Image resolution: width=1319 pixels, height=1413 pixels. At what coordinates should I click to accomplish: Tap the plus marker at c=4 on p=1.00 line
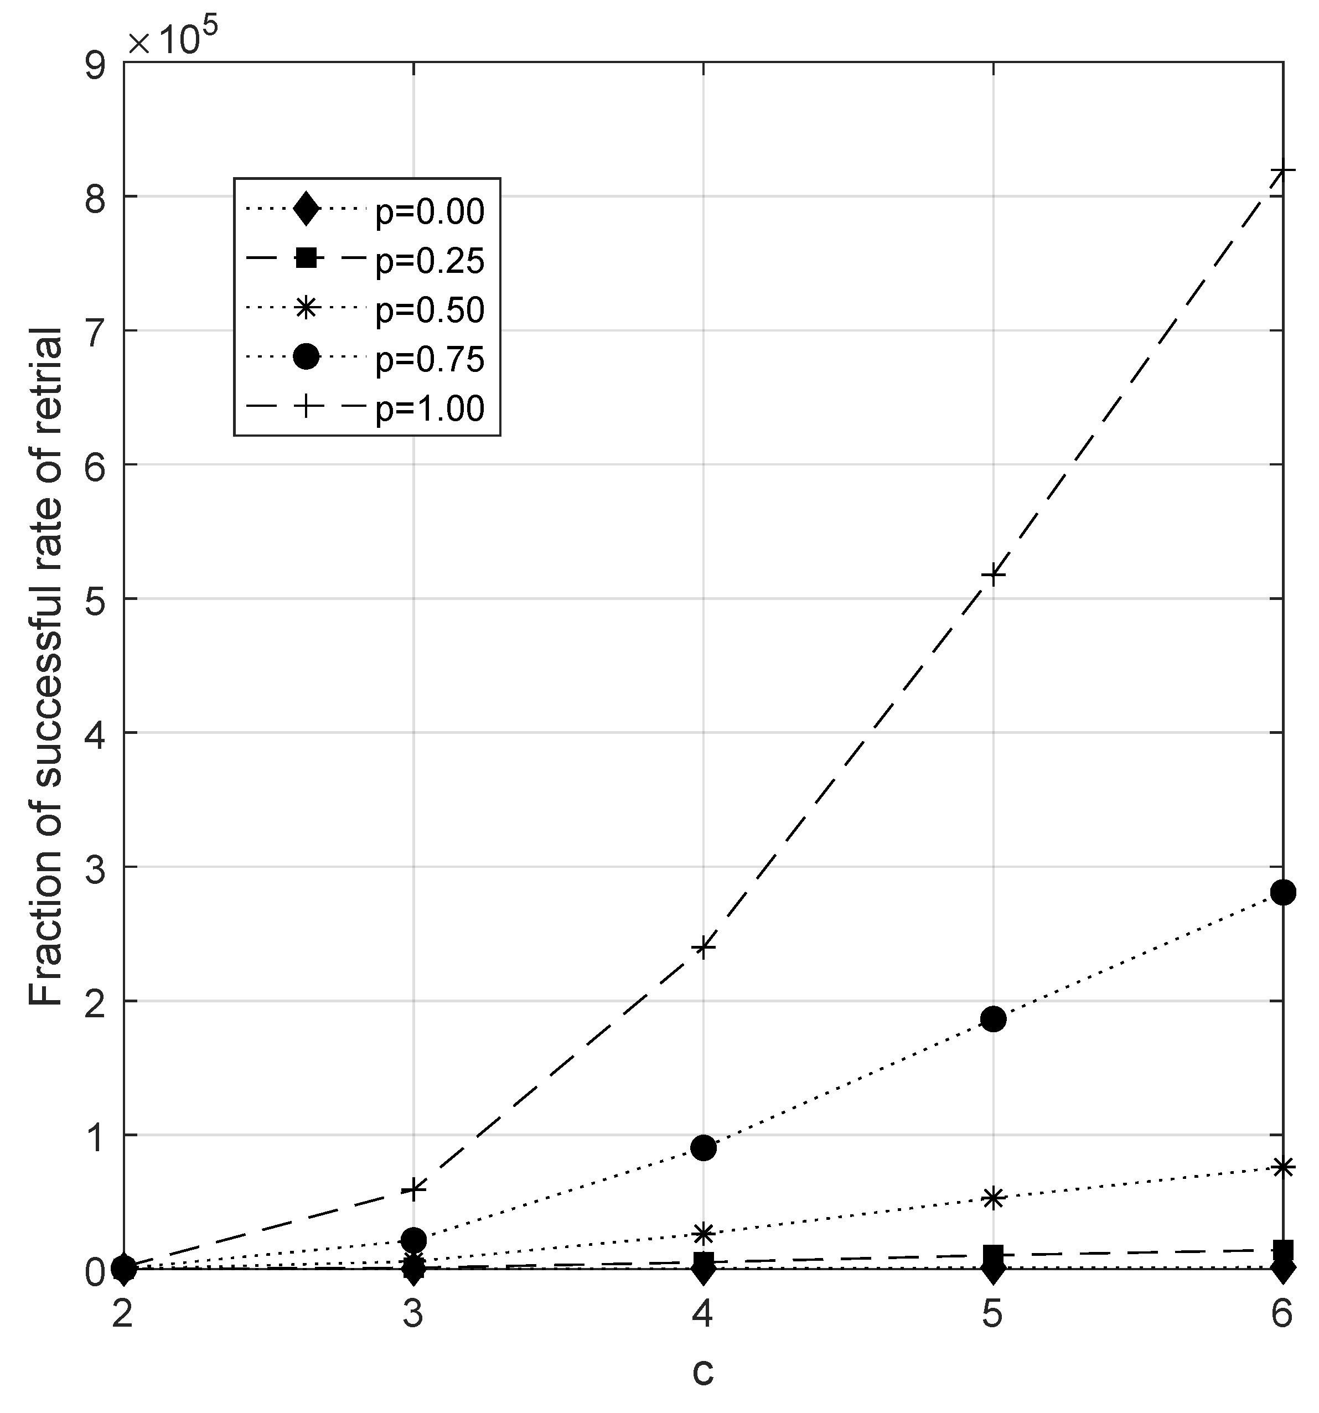coord(703,947)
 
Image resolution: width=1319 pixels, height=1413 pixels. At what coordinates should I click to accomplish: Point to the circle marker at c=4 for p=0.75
coord(703,1147)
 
